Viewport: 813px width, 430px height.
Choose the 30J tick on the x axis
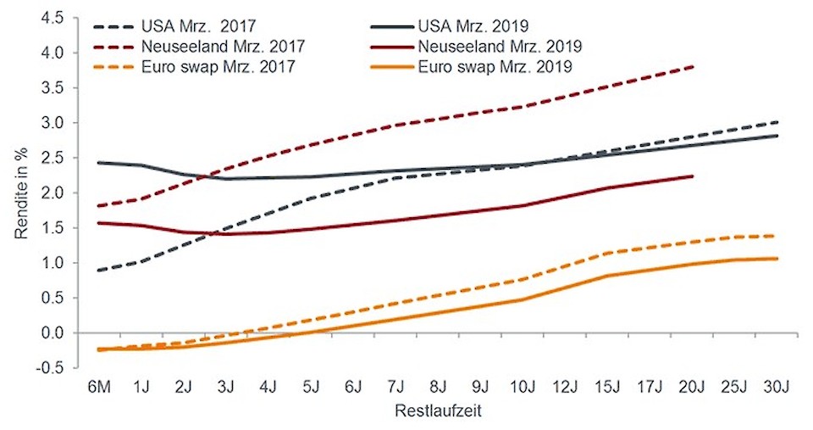click(x=777, y=387)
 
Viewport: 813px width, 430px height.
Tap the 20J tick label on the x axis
click(x=693, y=387)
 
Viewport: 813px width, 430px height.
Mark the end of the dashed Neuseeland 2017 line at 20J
click(x=694, y=66)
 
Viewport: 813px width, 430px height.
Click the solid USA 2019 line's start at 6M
click(x=101, y=162)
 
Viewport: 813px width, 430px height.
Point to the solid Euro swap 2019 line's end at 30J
click(x=777, y=259)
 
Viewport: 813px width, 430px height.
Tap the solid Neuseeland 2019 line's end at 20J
click(x=694, y=176)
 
